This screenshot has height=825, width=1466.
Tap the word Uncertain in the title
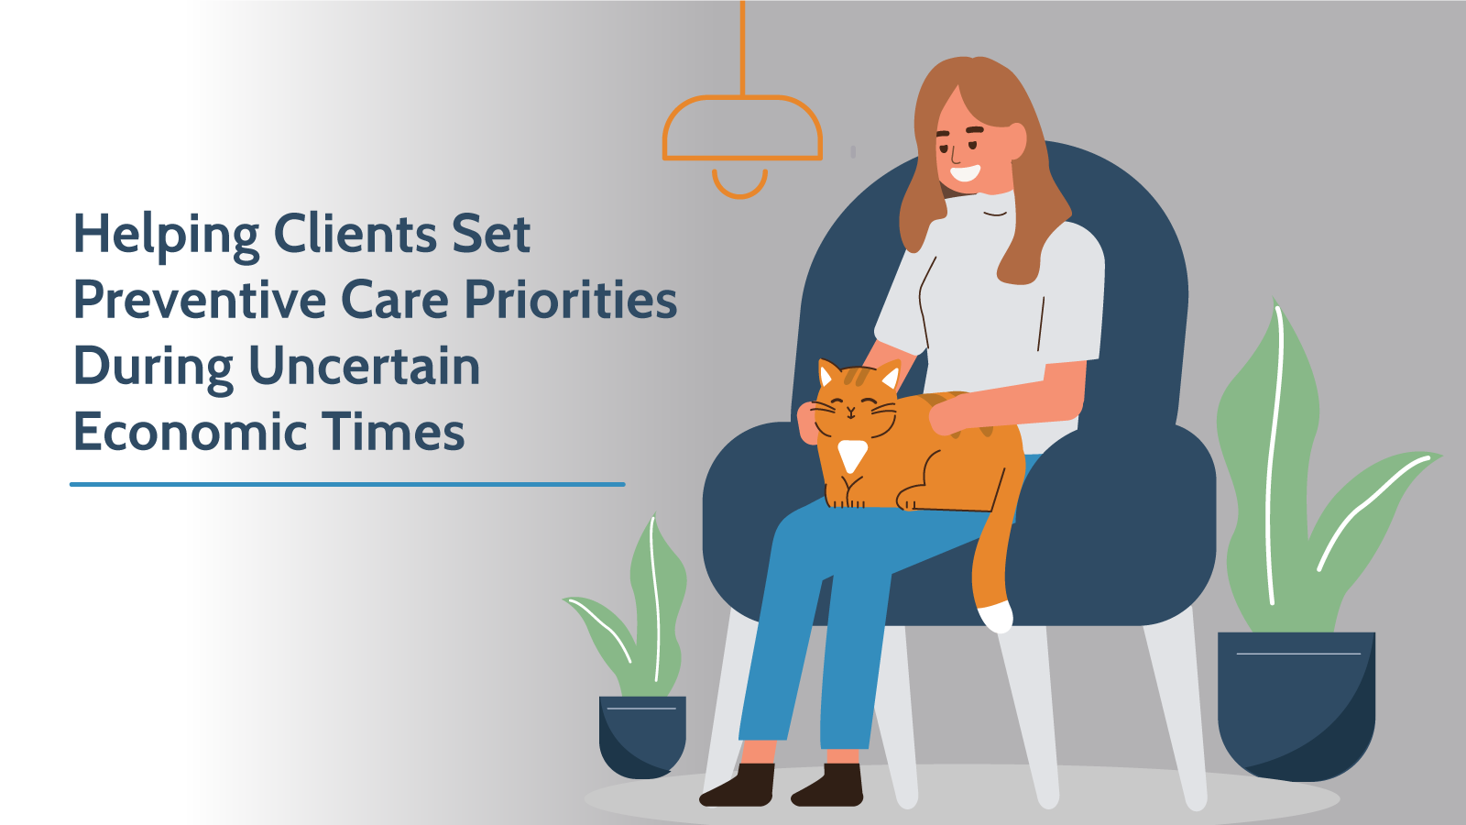coord(365,366)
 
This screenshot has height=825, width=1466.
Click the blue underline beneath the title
coord(347,485)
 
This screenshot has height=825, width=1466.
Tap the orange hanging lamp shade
coord(742,127)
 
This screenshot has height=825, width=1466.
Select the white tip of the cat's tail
coord(995,617)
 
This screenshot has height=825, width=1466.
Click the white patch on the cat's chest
coord(852,455)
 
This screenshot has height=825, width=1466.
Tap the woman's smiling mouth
coord(966,173)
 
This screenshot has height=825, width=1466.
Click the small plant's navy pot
coord(642,737)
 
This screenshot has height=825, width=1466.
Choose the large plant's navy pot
coord(1296,707)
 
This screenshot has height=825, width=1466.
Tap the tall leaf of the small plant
coord(656,602)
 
